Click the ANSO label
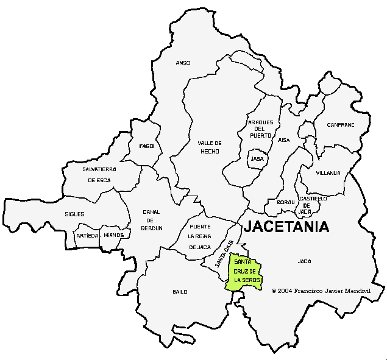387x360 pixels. tap(183, 63)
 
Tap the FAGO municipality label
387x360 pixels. tap(146, 146)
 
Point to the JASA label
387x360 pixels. tap(257, 159)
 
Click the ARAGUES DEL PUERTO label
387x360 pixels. tap(260, 129)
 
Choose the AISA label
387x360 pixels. tap(284, 140)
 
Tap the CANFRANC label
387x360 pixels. tap(340, 125)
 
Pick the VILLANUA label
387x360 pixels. tap(328, 173)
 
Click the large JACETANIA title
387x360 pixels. tap(286, 227)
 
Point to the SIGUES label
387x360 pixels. tap(74, 214)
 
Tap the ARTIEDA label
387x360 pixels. tap(87, 235)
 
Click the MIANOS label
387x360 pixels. tap(113, 235)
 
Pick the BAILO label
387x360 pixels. tap(180, 292)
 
